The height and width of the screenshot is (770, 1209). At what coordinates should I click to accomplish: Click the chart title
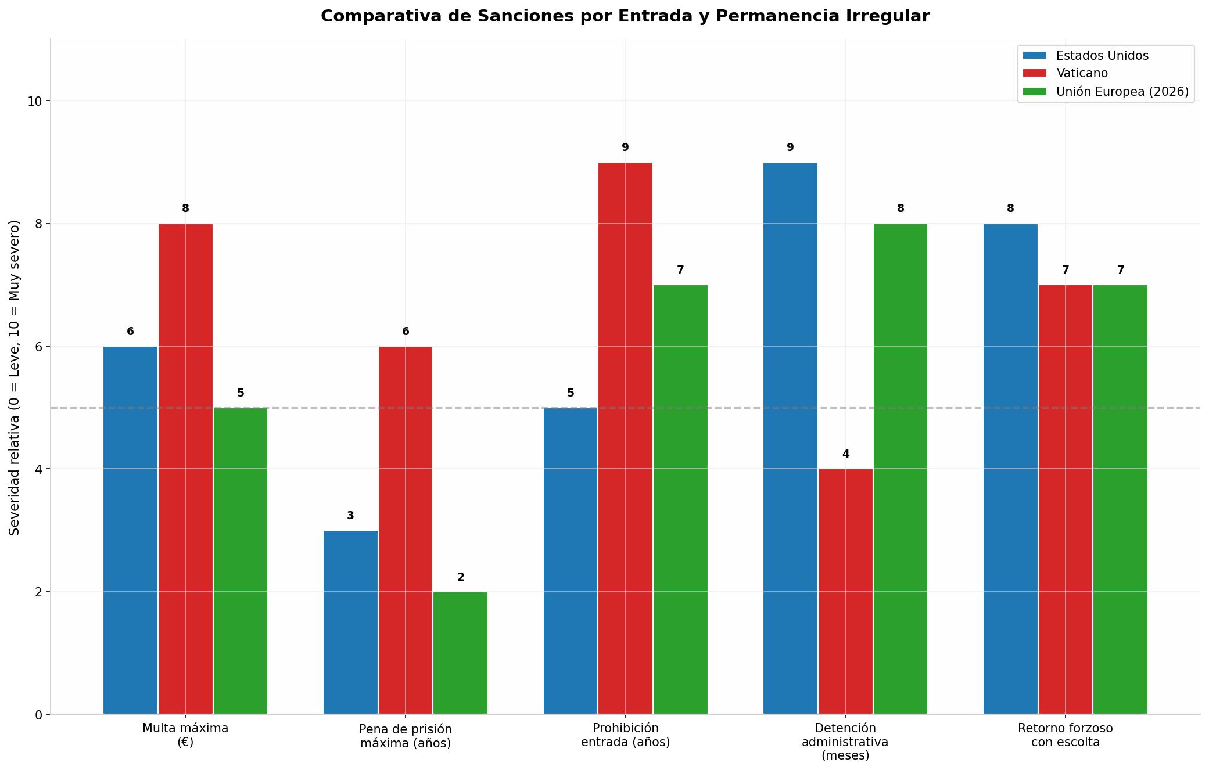(625, 16)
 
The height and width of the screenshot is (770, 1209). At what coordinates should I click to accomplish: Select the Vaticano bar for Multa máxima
(185, 469)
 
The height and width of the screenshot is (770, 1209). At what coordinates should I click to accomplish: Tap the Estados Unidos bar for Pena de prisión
(350, 623)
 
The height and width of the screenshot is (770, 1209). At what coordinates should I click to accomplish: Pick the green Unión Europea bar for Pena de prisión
(460, 653)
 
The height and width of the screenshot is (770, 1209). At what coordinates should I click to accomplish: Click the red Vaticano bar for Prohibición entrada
(625, 438)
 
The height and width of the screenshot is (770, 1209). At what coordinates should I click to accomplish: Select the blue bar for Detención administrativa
(790, 438)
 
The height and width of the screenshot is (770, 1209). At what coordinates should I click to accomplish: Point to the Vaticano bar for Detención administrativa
(845, 592)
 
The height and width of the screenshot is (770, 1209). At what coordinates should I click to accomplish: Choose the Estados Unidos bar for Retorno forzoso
(1010, 469)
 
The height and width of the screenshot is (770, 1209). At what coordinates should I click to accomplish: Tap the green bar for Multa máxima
(241, 561)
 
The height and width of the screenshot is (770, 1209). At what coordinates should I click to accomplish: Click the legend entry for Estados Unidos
(1086, 55)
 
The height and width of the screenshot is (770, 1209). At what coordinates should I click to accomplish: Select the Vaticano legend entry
(1066, 73)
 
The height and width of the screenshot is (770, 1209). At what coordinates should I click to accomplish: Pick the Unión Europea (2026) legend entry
(1106, 92)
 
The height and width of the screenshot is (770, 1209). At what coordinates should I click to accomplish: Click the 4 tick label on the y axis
(38, 469)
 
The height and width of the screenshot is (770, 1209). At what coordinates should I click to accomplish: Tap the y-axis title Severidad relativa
(15, 377)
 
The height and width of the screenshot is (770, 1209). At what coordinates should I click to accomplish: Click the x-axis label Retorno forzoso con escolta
(1066, 735)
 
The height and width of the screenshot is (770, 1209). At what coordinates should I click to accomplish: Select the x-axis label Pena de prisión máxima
(406, 736)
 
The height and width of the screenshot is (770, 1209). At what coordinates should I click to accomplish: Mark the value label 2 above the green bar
(461, 577)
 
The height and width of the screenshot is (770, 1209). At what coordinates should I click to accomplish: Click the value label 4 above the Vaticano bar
(846, 454)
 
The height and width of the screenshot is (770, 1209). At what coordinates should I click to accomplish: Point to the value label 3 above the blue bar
(350, 516)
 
